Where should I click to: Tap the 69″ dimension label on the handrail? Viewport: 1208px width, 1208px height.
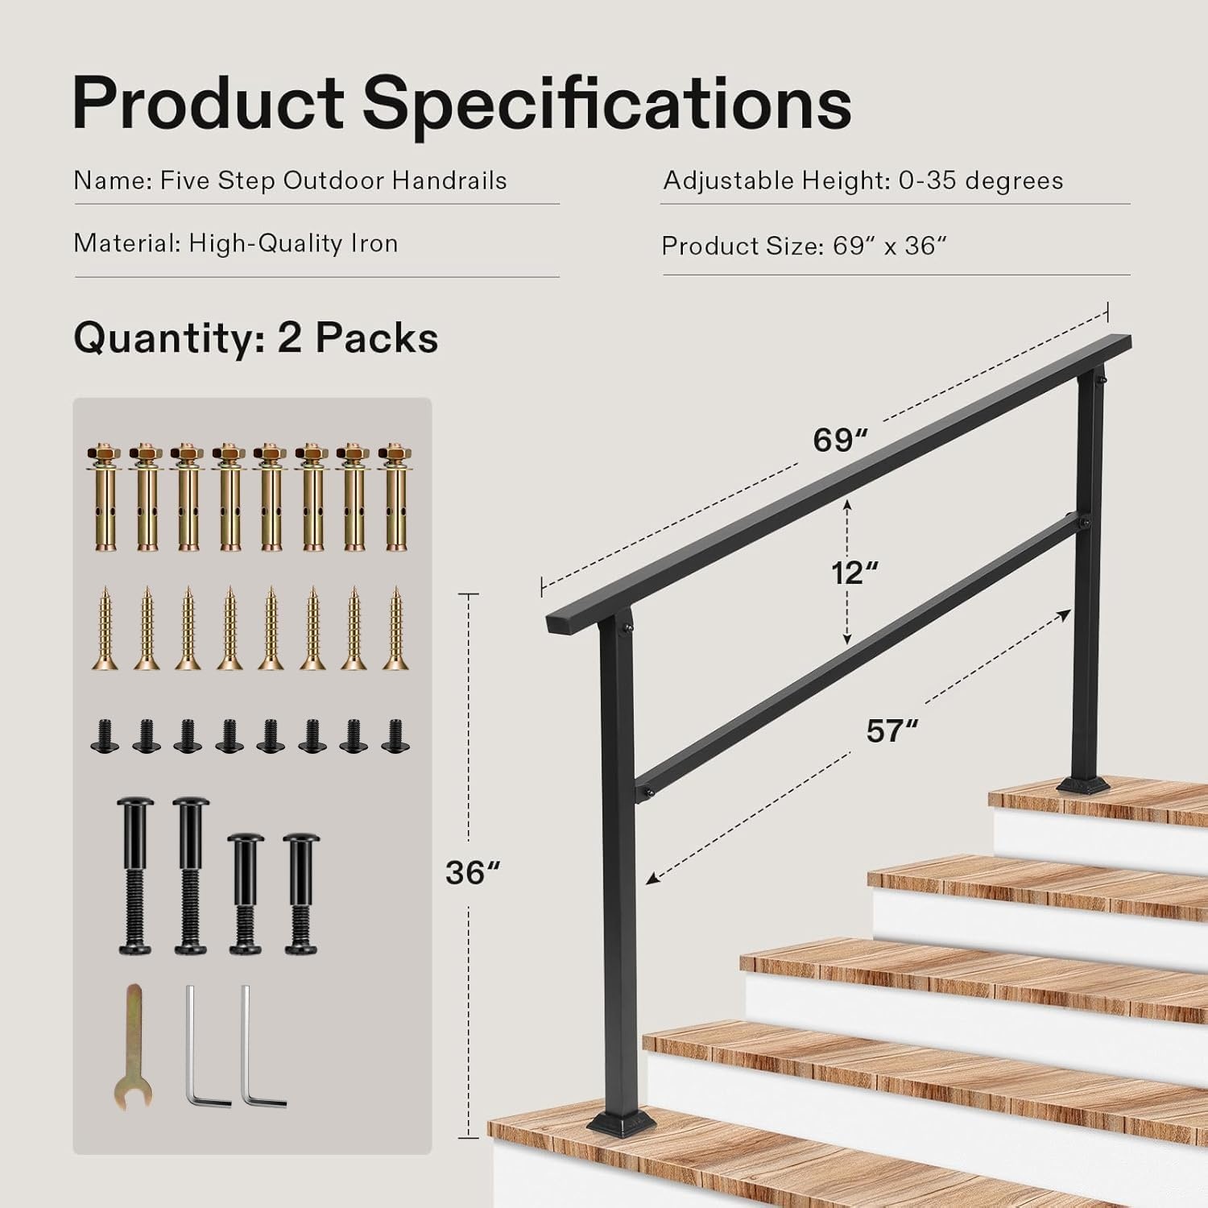(841, 440)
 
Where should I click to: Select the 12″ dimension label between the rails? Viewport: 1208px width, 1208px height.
(854, 573)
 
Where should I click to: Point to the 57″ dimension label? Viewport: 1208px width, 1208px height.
(892, 730)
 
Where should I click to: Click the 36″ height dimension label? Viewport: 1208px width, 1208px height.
(473, 872)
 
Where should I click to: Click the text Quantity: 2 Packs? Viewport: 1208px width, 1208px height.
(256, 338)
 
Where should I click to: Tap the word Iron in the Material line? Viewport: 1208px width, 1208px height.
(374, 243)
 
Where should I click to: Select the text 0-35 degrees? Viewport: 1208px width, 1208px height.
(981, 180)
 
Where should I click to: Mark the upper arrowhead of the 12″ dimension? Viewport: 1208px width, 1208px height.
(847, 505)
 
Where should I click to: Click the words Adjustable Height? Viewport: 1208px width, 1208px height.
(776, 181)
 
